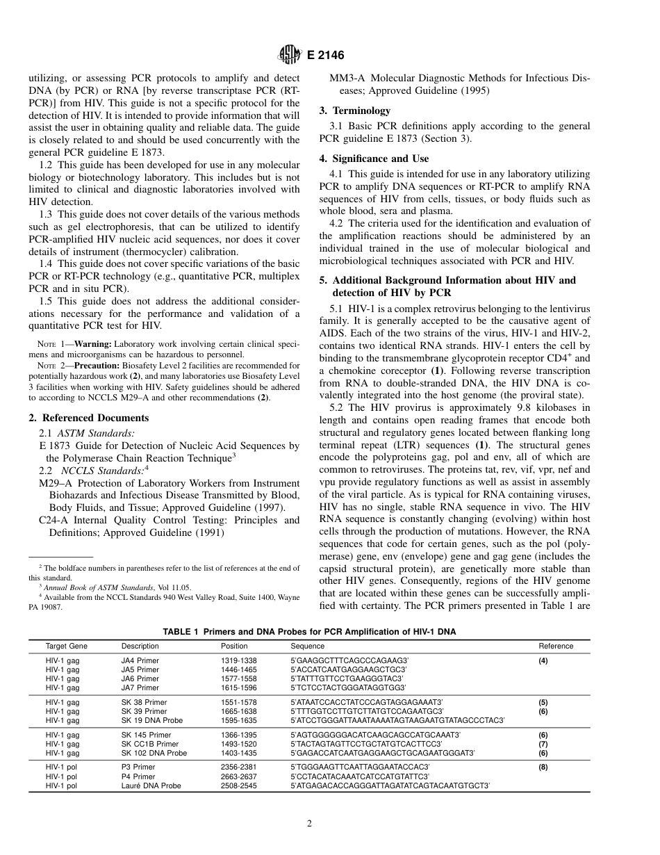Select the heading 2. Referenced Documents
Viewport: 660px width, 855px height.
(88, 418)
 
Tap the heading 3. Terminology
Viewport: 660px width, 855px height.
(354, 111)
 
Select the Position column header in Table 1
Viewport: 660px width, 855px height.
(233, 646)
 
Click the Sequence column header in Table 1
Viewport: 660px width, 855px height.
(306, 646)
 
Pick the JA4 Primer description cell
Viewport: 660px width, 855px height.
(140, 660)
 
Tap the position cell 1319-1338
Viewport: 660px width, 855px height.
(238, 660)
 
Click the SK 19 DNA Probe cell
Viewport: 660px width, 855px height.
(151, 720)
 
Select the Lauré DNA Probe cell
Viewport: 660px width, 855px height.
(151, 785)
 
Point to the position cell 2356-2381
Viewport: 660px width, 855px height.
(238, 767)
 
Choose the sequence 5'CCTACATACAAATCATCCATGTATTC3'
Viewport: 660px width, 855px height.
(359, 776)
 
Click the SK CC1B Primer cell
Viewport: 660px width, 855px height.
(149, 744)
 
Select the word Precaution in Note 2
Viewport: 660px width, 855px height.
(97, 365)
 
